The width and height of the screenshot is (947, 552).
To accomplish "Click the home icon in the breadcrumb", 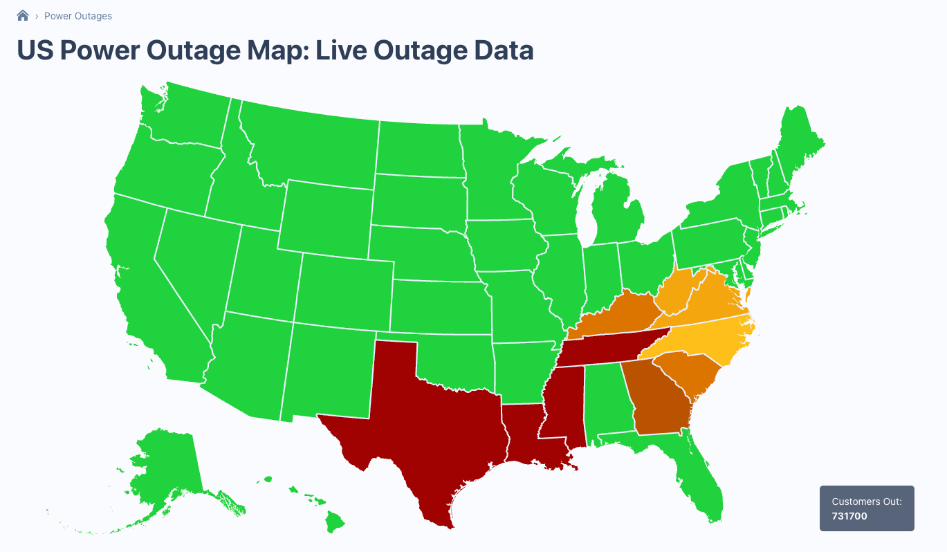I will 23,15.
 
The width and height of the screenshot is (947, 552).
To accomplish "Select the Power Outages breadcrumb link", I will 77,16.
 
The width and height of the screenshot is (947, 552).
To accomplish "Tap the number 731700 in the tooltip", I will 849,516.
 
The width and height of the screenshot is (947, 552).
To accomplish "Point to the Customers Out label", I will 872,502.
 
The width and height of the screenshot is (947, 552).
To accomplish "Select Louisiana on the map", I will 529,436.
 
